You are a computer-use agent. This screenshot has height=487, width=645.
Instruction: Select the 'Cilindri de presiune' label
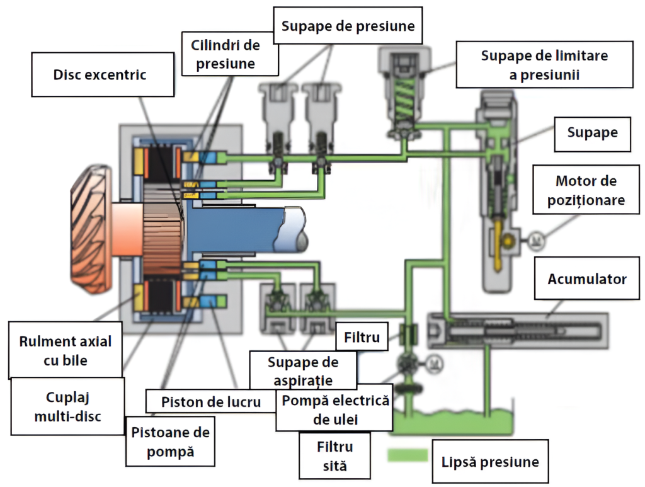225,54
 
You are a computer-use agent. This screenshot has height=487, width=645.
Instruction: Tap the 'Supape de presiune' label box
348,26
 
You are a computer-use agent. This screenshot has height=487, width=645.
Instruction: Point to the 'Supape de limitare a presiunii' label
544,65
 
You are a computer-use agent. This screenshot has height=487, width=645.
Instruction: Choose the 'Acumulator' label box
587,278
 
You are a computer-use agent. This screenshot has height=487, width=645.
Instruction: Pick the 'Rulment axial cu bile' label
66,350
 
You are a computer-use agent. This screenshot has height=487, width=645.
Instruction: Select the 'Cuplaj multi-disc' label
68,406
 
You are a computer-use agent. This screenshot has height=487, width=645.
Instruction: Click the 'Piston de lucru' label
211,402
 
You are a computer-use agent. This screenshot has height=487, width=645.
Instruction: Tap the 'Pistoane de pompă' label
170,442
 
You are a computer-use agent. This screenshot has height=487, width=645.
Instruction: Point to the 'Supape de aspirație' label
303,371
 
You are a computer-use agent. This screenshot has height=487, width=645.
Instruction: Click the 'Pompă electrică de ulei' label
334,410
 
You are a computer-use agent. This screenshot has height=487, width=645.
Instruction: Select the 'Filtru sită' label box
334,456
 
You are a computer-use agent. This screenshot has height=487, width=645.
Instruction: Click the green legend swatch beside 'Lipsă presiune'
408,455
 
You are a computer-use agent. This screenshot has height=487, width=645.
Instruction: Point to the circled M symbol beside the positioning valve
535,239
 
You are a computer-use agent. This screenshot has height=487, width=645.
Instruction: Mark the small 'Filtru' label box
362,338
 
